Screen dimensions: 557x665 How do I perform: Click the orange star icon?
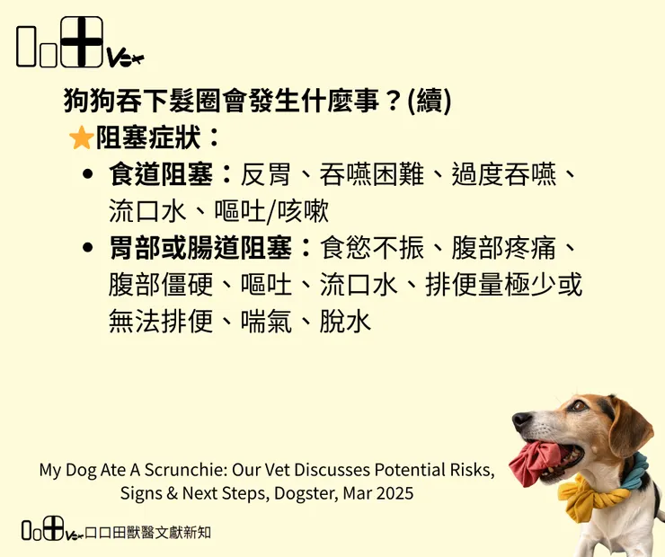point(81,138)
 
